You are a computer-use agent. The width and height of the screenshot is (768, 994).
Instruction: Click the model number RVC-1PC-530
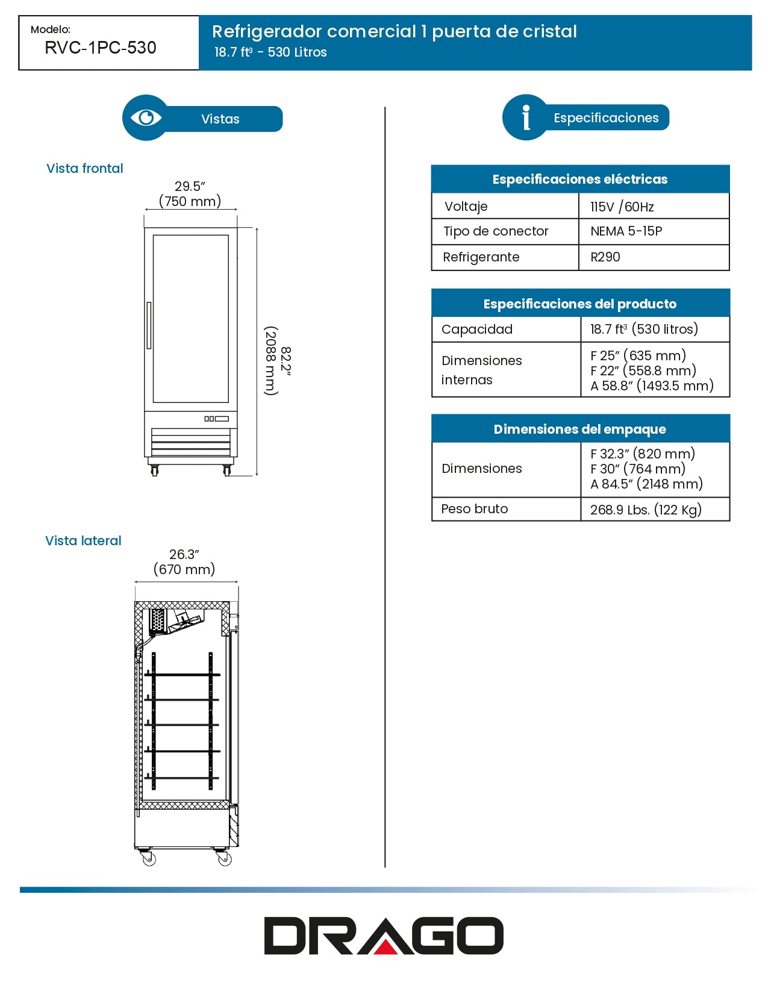click(x=101, y=48)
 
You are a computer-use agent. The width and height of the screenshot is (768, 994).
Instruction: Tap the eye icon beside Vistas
click(x=146, y=117)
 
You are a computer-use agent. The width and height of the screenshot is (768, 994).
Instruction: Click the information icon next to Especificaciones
click(x=526, y=117)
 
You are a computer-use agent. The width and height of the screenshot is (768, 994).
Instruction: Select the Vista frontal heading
click(x=85, y=169)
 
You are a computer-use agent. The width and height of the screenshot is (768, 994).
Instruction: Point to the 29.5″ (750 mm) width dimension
click(x=190, y=194)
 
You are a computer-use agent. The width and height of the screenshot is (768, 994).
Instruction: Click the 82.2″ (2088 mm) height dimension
click(x=278, y=361)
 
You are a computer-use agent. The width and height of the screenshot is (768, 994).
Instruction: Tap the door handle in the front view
click(x=149, y=325)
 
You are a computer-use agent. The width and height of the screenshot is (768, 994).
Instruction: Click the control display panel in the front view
click(x=216, y=419)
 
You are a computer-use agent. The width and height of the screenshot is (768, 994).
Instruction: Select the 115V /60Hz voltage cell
click(x=622, y=207)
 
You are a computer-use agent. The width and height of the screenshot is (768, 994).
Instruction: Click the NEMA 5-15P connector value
click(x=626, y=231)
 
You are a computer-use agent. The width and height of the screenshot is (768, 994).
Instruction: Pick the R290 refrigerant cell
click(x=605, y=257)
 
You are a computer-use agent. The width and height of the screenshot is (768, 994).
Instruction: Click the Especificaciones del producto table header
click(x=580, y=304)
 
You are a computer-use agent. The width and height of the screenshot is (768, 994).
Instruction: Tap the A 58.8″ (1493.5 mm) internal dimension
click(x=652, y=386)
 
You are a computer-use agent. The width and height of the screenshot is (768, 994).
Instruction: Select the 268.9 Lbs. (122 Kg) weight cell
click(x=646, y=510)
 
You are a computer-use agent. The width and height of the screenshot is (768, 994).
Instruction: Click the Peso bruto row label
click(x=475, y=509)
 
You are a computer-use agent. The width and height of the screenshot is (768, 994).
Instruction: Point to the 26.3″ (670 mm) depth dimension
click(x=184, y=562)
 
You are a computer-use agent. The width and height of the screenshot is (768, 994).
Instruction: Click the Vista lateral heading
click(x=84, y=541)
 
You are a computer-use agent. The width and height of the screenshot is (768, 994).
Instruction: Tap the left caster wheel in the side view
click(x=149, y=860)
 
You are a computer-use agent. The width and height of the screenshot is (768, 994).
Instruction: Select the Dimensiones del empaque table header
click(x=580, y=429)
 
